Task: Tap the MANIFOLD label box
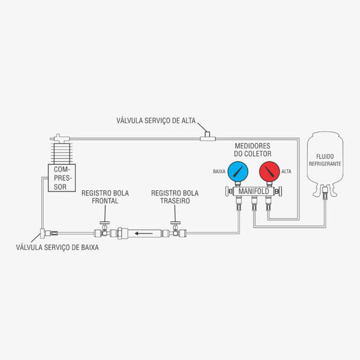click(x=253, y=191)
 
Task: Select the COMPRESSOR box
click(x=59, y=178)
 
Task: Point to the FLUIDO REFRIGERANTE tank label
click(x=324, y=160)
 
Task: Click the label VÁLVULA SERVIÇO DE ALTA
click(x=156, y=120)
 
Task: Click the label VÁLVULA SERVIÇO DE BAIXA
click(x=57, y=247)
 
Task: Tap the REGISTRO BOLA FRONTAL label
click(x=99, y=197)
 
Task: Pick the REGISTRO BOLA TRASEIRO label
click(x=175, y=197)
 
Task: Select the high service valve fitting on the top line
click(x=206, y=136)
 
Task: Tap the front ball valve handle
click(x=104, y=224)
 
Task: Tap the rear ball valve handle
click(x=175, y=224)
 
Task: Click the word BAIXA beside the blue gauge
click(x=219, y=171)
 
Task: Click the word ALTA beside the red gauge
click(x=286, y=171)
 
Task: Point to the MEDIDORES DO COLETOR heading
click(x=253, y=149)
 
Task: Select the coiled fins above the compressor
click(x=59, y=152)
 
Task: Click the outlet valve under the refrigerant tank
click(x=325, y=190)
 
